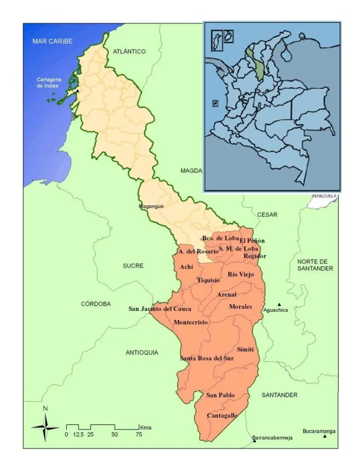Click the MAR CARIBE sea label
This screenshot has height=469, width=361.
pyautogui.click(x=52, y=41)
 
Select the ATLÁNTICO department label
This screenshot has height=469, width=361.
pyautogui.click(x=129, y=51)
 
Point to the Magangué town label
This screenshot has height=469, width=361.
pyautogui.click(x=151, y=206)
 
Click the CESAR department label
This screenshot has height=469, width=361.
pyautogui.click(x=267, y=215)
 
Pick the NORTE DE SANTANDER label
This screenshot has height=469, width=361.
pyautogui.click(x=315, y=265)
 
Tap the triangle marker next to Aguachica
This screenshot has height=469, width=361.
pyautogui.click(x=279, y=304)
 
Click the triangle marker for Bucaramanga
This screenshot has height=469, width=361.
pyautogui.click(x=325, y=437)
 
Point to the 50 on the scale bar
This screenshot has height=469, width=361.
pyautogui.click(x=115, y=435)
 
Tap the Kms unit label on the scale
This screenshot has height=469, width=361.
pyautogui.click(x=145, y=427)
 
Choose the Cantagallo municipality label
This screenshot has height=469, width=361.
pyautogui.click(x=222, y=416)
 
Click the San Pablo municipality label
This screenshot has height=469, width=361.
pyautogui.click(x=220, y=395)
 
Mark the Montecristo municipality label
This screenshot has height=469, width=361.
pyautogui.click(x=190, y=322)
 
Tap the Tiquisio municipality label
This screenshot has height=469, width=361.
pyautogui.click(x=208, y=281)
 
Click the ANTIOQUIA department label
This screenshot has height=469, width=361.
pyautogui.click(x=142, y=352)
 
